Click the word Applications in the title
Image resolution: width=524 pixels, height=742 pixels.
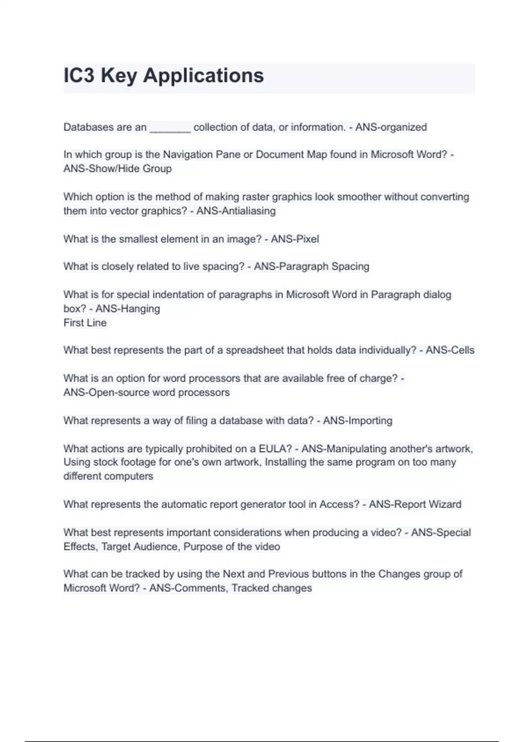(203, 76)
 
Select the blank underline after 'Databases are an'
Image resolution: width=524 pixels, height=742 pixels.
(170, 128)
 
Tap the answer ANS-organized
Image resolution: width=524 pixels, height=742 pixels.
(391, 127)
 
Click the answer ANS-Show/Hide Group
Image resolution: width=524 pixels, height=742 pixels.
(117, 168)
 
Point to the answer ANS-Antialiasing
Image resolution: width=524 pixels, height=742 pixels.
(236, 211)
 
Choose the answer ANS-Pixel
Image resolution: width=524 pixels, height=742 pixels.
(295, 239)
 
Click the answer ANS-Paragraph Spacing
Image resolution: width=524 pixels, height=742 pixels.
(311, 266)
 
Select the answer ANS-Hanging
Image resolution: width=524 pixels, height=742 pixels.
(128, 309)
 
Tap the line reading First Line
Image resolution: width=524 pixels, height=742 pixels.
(85, 323)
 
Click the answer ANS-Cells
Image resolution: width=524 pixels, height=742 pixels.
(450, 350)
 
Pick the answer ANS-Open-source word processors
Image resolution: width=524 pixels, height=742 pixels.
(146, 392)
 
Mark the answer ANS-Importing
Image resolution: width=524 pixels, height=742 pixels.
(358, 420)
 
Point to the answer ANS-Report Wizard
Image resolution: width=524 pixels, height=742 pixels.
(415, 504)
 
